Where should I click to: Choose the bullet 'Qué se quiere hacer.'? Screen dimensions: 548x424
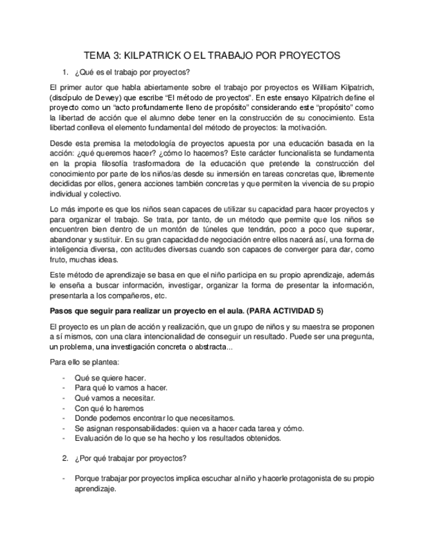110,377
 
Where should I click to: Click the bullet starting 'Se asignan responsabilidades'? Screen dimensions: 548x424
188,428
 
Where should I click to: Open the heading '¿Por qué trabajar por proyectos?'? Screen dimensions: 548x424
131,458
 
